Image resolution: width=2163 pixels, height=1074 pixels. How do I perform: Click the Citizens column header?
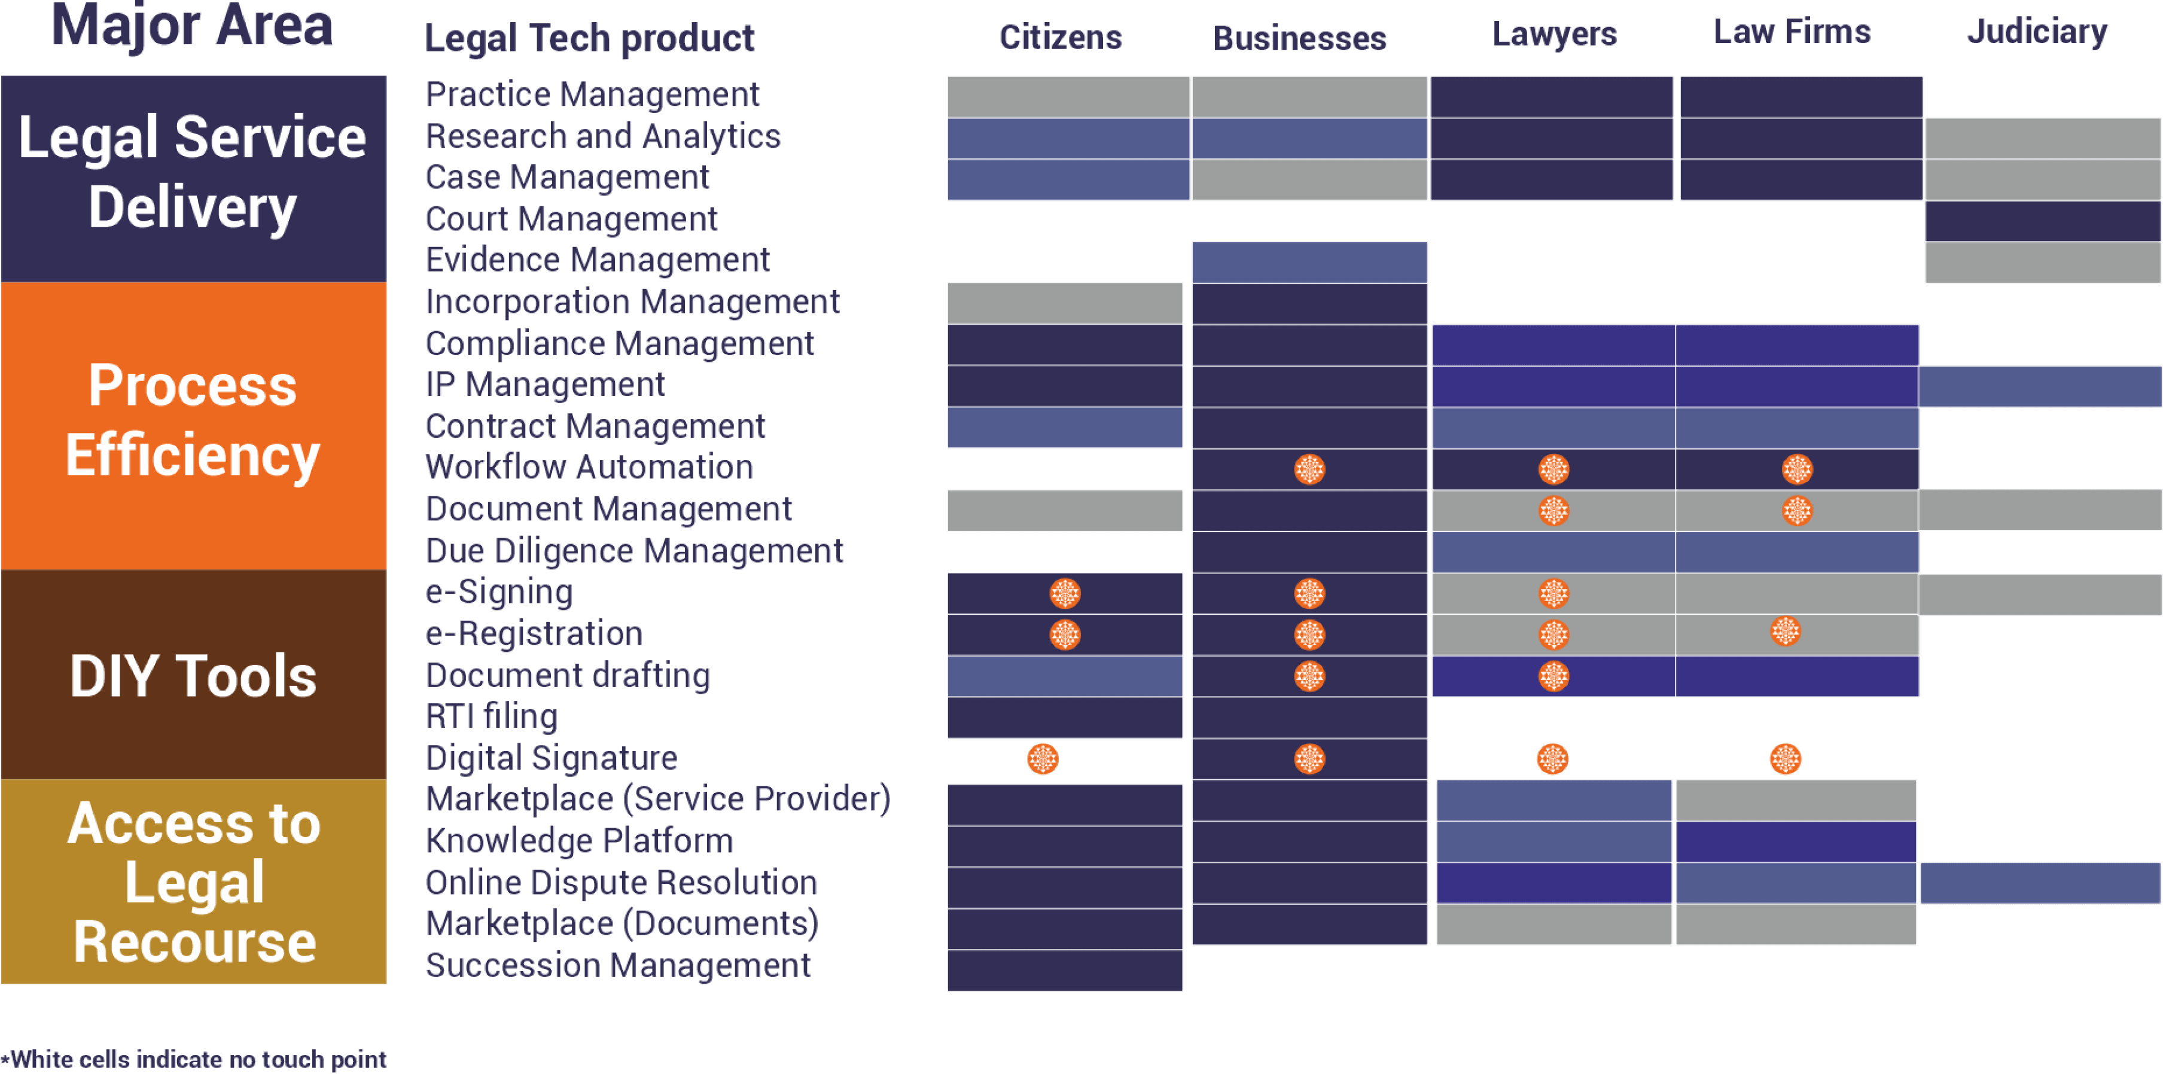click(1060, 37)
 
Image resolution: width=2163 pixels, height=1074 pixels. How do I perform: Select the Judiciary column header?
click(2037, 32)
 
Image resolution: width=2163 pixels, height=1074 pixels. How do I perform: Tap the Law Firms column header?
click(1792, 32)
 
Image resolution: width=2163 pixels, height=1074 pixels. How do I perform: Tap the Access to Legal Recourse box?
click(194, 881)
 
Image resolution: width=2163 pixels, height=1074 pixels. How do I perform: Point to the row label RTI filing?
click(491, 716)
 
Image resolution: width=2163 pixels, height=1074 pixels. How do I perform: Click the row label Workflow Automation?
click(589, 468)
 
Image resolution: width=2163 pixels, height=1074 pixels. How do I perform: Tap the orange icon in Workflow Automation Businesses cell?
click(1309, 469)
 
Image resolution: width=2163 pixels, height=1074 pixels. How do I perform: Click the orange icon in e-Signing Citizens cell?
click(1065, 594)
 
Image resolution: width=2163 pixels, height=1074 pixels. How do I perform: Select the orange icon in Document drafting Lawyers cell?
click(1553, 676)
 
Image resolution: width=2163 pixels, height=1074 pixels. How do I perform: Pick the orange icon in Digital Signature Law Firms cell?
click(1785, 759)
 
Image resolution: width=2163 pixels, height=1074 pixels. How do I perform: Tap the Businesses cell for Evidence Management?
click(1309, 262)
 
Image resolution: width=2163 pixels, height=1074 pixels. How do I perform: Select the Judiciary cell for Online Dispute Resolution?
click(2040, 883)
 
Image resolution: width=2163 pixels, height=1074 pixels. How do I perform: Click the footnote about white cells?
click(194, 1059)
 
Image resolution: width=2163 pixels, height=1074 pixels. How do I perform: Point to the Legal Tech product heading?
click(589, 39)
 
